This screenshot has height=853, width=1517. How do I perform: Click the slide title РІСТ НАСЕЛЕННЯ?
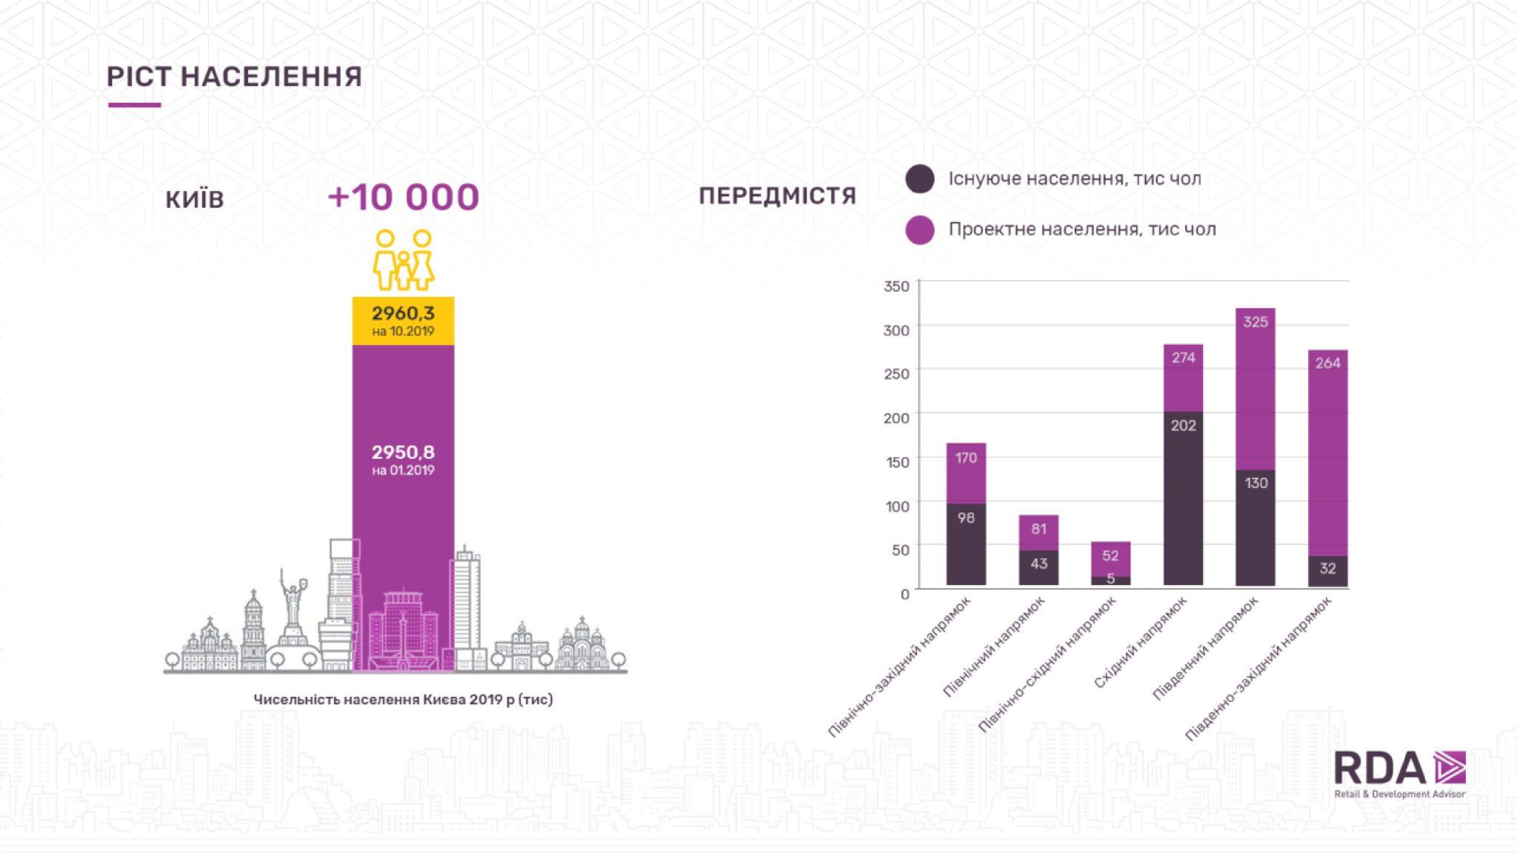234,77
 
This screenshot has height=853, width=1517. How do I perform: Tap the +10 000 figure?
404,197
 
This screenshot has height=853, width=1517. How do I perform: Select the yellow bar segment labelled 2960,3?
403,321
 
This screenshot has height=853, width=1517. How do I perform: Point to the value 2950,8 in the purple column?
403,452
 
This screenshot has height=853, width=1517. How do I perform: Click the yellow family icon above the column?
404,260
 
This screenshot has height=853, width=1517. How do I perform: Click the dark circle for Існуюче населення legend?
920,179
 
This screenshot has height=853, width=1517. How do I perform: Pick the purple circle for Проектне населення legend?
920,230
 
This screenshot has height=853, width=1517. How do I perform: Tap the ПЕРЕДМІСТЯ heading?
777,196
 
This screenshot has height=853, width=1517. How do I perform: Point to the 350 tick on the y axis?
896,287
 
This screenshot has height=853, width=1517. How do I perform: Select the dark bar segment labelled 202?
1183,498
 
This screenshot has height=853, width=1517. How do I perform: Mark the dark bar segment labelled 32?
1327,570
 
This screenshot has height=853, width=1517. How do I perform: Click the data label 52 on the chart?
1110,555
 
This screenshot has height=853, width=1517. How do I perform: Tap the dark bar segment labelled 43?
1038,567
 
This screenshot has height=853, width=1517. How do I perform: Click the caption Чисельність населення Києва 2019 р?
403,700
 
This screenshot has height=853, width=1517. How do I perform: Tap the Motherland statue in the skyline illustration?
293,607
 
